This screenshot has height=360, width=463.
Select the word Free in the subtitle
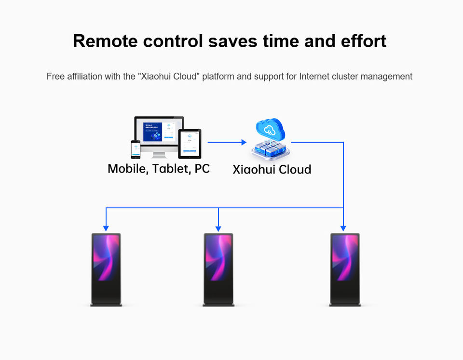coord(55,76)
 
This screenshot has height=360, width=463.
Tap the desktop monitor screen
coord(159,131)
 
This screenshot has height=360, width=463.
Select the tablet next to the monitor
coord(190,143)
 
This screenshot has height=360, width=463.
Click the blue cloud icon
coord(270,129)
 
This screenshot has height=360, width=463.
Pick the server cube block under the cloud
coord(270,149)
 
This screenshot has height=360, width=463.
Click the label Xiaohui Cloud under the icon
coord(272,170)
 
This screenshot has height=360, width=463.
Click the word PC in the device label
coord(202,169)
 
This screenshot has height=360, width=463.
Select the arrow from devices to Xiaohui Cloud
coord(227,142)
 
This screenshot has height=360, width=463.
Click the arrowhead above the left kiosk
coord(106,228)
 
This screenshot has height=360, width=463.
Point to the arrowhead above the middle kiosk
coord(218,228)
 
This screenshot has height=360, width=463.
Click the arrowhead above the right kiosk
coord(343,228)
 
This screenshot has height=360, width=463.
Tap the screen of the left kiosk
coord(106,258)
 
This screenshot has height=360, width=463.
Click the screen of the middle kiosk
coord(218,258)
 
